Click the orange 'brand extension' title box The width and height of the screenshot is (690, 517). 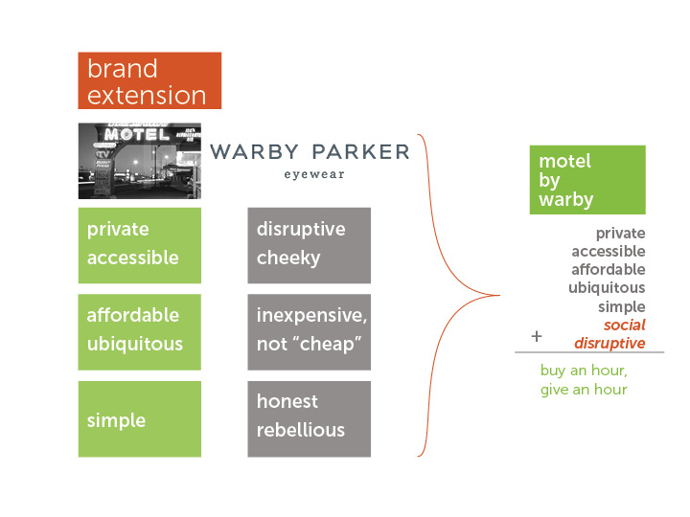149,80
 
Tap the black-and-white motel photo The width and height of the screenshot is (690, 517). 140,161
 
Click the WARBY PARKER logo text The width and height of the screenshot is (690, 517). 310,152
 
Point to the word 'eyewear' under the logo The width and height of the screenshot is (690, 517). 314,174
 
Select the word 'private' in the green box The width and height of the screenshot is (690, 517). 118,230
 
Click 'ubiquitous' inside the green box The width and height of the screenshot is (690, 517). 135,345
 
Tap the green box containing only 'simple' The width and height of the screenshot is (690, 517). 140,419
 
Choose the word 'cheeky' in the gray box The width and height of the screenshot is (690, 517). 288,258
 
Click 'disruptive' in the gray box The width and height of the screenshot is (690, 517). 301,229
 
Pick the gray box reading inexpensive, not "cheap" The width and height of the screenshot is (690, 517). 309,332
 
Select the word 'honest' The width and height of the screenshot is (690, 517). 287,401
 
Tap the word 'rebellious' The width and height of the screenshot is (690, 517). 301,430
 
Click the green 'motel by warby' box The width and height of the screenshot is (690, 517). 587,180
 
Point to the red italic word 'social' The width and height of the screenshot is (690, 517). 625,326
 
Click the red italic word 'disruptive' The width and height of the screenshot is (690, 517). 609,343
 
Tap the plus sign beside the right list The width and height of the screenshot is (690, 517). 537,336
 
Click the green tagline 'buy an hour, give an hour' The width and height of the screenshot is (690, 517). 584,380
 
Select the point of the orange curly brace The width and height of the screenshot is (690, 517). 500,296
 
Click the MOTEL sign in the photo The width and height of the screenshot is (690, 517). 137,134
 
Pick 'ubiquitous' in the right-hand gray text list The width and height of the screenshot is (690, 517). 607,288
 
